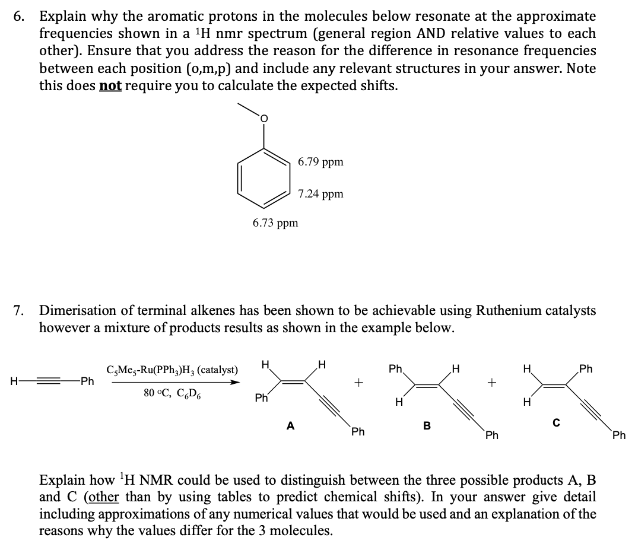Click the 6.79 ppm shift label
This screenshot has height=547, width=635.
320,162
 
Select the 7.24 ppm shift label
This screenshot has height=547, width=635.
320,194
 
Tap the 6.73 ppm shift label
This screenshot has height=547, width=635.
275,223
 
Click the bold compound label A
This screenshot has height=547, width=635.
290,425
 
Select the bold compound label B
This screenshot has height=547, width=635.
426,425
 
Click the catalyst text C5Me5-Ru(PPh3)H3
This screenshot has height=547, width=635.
172,370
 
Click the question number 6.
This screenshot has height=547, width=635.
20,17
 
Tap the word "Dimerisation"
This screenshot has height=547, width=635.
84,310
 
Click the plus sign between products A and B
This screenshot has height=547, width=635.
358,384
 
